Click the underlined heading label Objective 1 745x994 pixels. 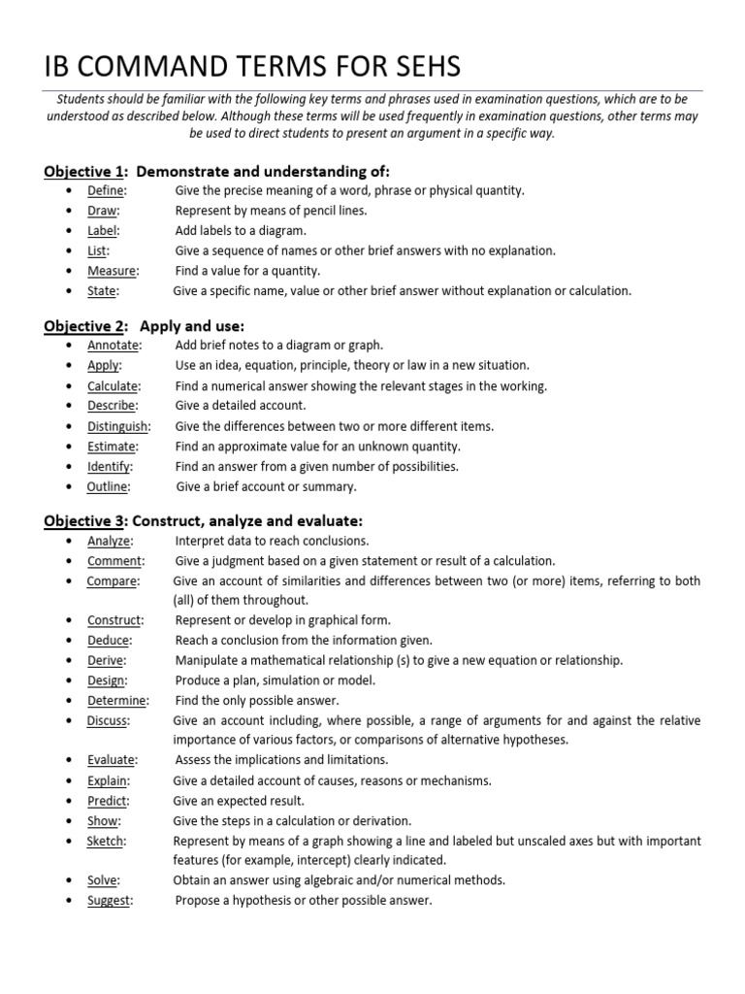pyautogui.click(x=85, y=172)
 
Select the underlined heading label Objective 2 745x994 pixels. pyautogui.click(x=85, y=326)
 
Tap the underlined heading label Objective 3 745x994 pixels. pyautogui.click(x=85, y=521)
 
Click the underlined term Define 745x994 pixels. pyautogui.click(x=106, y=191)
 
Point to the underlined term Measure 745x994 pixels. pyautogui.click(x=113, y=271)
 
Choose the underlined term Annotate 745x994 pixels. pyautogui.click(x=113, y=346)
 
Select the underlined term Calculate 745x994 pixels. pyautogui.click(x=113, y=386)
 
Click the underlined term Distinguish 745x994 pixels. pyautogui.click(x=118, y=426)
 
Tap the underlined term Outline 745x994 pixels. pyautogui.click(x=108, y=486)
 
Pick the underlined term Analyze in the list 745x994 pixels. pyautogui.click(x=110, y=541)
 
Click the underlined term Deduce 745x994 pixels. pyautogui.click(x=109, y=641)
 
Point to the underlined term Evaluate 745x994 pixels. pyautogui.click(x=112, y=760)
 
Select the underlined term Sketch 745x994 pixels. pyautogui.click(x=106, y=841)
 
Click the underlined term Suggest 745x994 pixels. pyautogui.click(x=110, y=901)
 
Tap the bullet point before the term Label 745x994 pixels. pyautogui.click(x=68, y=231)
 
